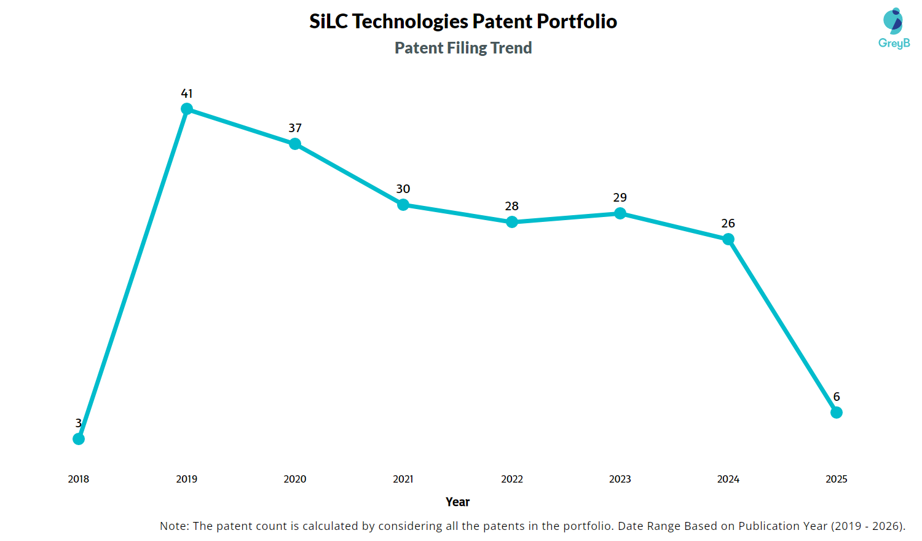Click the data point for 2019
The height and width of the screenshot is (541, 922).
(x=187, y=109)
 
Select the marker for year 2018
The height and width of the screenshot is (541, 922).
(x=79, y=439)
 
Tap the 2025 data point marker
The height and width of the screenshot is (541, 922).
(x=836, y=413)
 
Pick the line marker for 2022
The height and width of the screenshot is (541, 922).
(x=512, y=222)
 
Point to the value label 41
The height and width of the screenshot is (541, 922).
(x=187, y=93)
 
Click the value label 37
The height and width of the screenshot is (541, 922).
(x=295, y=128)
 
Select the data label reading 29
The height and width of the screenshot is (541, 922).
(x=620, y=197)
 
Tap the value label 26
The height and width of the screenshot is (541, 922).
(x=728, y=223)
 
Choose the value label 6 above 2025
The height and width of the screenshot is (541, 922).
(x=836, y=397)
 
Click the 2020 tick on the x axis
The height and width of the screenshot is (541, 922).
(x=295, y=479)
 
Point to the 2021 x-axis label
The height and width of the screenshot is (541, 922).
(x=403, y=479)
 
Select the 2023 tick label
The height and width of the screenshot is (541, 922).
(x=620, y=479)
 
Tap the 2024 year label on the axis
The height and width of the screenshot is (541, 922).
(x=728, y=479)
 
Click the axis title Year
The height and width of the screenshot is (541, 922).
(x=457, y=502)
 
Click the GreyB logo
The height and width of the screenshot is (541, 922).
(x=894, y=28)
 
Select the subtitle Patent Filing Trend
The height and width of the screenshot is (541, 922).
(x=463, y=48)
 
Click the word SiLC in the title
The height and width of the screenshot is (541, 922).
(x=329, y=22)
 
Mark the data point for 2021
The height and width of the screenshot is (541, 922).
(x=403, y=205)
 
